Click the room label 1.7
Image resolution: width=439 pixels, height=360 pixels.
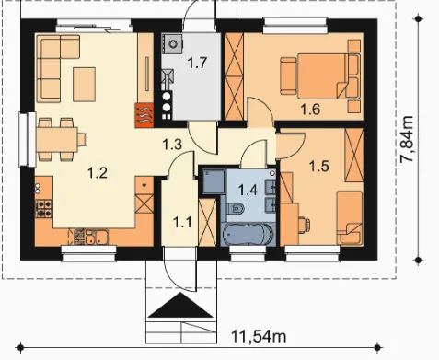tap(197, 63)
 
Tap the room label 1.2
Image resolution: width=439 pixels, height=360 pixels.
tap(98, 173)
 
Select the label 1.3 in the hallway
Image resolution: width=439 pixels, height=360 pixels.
tap(172, 145)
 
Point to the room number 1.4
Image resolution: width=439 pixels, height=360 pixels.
tap(248, 190)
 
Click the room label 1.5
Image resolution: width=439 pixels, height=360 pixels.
tap(319, 166)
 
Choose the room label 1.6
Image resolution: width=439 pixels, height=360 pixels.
tap(310, 110)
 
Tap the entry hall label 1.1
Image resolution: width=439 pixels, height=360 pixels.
tap(182, 222)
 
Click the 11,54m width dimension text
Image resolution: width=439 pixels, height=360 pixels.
tap(259, 336)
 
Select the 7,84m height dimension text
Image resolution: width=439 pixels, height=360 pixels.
tap(408, 139)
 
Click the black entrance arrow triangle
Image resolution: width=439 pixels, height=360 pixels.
tap(180, 306)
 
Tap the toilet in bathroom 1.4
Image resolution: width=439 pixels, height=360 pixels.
tap(236, 209)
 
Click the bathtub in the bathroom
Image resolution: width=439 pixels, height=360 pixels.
tap(248, 235)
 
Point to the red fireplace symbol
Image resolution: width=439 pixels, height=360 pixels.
tap(144, 116)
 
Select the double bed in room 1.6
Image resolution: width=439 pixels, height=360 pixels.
tap(319, 75)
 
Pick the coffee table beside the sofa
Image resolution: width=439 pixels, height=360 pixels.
tap(84, 85)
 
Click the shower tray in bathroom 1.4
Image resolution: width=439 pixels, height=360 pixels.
tap(214, 180)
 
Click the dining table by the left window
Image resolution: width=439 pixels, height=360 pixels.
tap(57, 140)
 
